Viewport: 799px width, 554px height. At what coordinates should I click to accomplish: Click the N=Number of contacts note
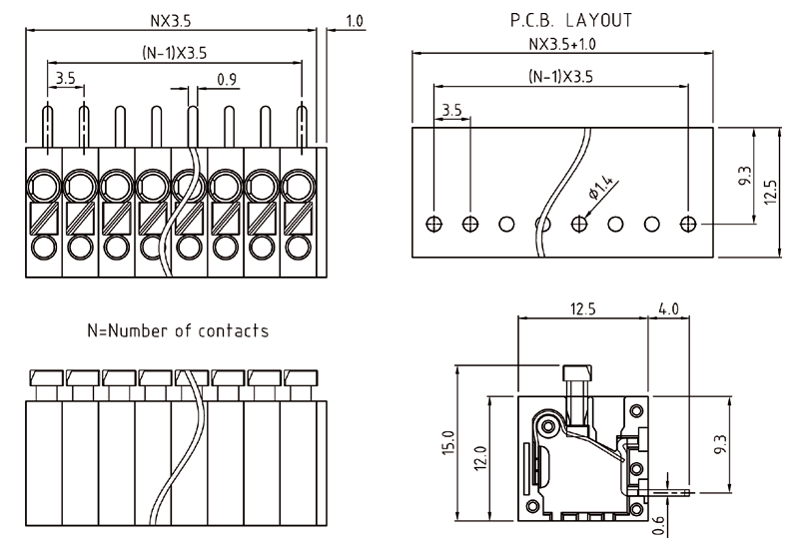pos(178,329)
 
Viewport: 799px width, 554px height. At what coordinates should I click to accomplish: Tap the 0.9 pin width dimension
pos(226,81)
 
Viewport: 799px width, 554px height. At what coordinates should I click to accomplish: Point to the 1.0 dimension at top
pos(354,20)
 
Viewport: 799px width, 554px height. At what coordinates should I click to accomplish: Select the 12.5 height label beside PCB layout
pos(770,192)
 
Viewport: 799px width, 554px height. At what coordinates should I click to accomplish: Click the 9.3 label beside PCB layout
pos(745,177)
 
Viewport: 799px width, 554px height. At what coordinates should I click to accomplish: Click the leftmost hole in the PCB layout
pos(433,223)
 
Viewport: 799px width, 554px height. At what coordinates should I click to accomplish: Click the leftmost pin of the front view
pos(47,127)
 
